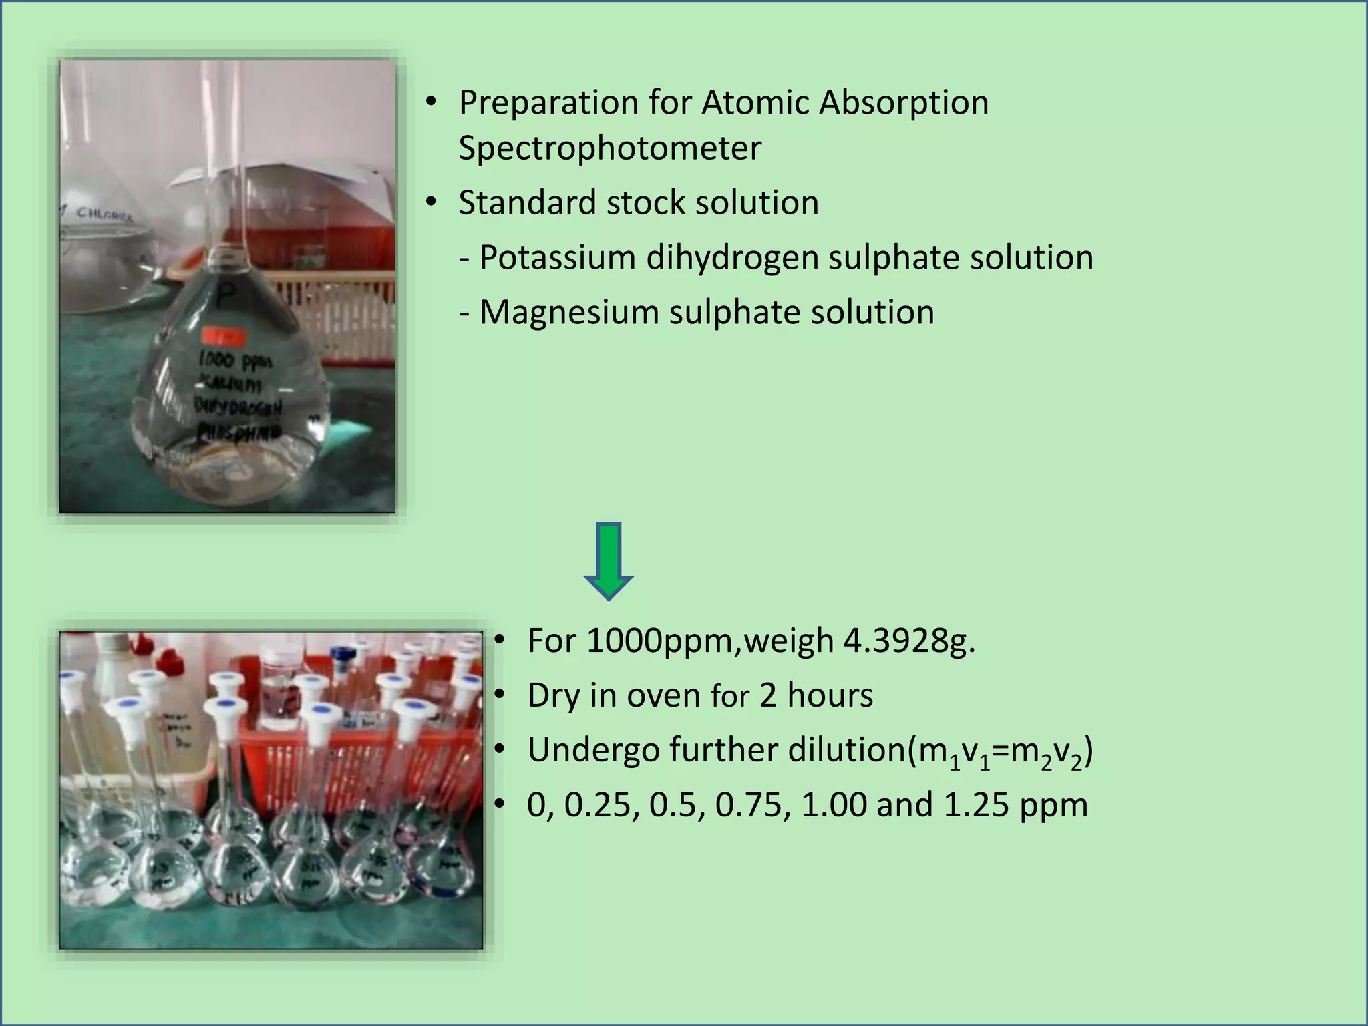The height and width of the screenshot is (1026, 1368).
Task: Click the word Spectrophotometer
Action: [x=609, y=148]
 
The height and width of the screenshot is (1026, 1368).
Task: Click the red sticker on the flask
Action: [x=224, y=336]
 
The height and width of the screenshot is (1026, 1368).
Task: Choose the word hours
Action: [x=830, y=696]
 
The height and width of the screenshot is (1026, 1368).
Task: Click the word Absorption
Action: [x=904, y=103]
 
